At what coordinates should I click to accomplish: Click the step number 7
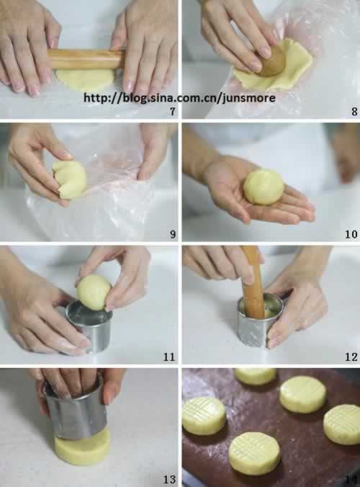tap(173, 111)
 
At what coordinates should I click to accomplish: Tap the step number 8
tap(354, 111)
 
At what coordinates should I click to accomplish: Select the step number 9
tap(173, 234)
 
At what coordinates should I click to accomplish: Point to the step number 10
tap(351, 234)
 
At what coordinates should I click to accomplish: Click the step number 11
tap(169, 357)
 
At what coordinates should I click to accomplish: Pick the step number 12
tap(351, 357)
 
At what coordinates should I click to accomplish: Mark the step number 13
tap(169, 479)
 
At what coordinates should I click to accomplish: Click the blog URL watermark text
tap(179, 98)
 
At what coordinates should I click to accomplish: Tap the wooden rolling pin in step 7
tap(86, 58)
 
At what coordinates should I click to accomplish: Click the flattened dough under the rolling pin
tap(84, 79)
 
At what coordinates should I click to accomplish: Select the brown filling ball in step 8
tap(272, 61)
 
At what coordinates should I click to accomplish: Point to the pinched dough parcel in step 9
tap(69, 179)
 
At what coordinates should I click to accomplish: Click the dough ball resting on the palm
tap(264, 187)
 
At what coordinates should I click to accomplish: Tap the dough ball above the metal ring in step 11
tap(94, 292)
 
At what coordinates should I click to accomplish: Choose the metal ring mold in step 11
tap(90, 326)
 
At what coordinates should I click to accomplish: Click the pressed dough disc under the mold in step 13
tap(82, 447)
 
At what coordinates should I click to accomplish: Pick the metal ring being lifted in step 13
tap(76, 407)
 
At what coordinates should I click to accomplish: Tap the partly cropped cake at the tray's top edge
tap(255, 376)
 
